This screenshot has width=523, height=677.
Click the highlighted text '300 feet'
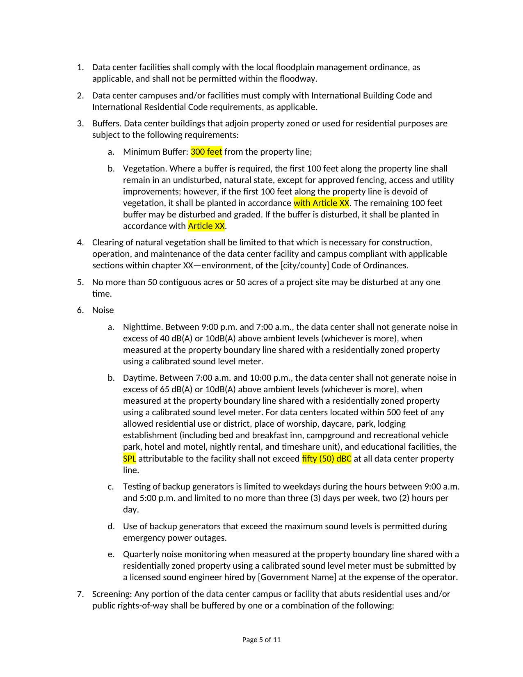[206, 152]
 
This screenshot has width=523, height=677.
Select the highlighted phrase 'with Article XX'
[321, 203]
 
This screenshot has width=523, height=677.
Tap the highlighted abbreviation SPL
[129, 458]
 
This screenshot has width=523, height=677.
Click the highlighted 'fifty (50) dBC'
[327, 458]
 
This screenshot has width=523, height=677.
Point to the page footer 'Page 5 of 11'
[261, 640]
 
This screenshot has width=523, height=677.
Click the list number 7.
[80, 594]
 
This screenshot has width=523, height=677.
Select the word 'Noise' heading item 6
[103, 310]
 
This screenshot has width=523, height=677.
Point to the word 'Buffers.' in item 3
[107, 124]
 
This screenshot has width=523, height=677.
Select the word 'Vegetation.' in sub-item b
[145, 169]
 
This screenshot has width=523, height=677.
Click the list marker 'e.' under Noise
[111, 554]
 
